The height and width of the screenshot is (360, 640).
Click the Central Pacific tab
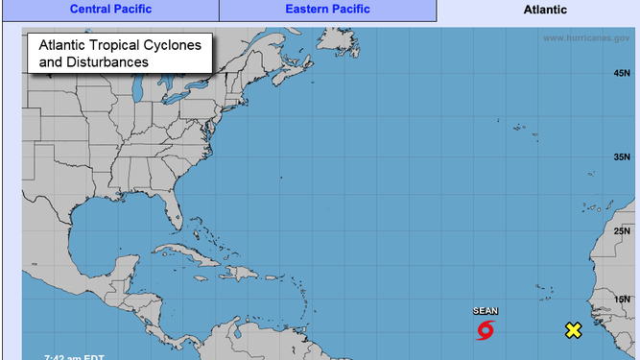[x=109, y=10]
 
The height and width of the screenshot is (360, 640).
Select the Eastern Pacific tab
[x=328, y=10]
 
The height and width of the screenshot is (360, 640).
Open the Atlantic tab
[x=545, y=10]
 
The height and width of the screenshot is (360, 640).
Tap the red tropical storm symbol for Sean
[x=486, y=331]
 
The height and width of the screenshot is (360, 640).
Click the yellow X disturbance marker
[x=573, y=331]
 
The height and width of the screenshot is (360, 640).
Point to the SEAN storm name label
[x=486, y=311]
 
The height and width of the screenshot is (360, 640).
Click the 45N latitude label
[x=621, y=74]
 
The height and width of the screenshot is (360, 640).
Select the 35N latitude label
[x=621, y=156]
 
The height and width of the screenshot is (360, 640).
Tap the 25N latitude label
[x=621, y=230]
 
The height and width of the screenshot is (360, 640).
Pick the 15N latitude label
[x=621, y=300]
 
